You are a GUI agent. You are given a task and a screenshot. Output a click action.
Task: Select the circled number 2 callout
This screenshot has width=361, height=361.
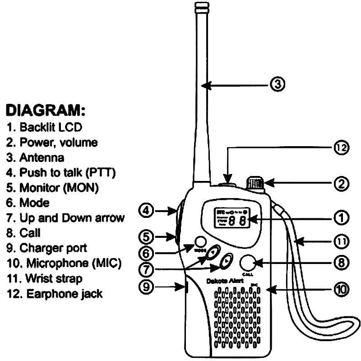tap(342, 184)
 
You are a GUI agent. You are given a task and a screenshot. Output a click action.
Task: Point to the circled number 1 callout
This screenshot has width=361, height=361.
tap(342, 219)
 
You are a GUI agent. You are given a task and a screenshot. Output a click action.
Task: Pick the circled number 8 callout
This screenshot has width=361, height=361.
tap(342, 262)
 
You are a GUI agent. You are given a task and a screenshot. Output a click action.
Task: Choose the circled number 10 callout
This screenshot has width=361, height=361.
tap(342, 290)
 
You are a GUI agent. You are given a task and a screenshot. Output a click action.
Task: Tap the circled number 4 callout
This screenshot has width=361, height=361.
tap(147, 210)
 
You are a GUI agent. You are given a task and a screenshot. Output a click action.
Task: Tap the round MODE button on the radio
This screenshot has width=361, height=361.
tap(200, 241)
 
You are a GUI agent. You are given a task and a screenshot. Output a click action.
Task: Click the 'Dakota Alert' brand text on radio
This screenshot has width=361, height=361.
tap(225, 280)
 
